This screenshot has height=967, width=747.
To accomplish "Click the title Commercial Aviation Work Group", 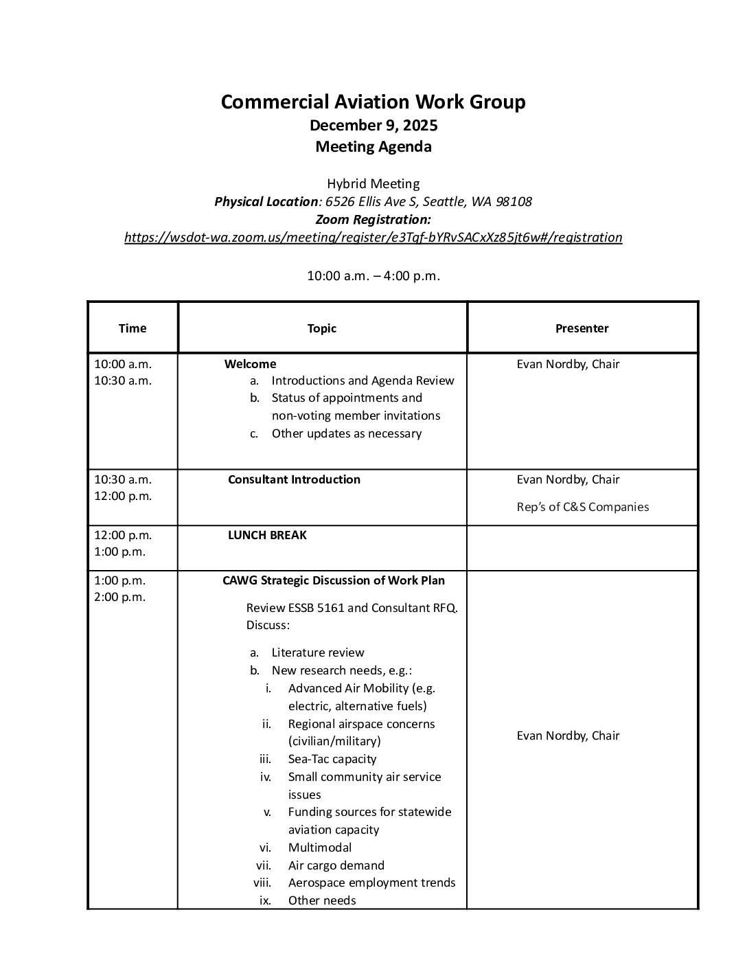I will tap(373, 102).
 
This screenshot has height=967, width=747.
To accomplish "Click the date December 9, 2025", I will tap(373, 126).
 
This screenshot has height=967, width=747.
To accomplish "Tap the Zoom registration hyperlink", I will tap(373, 238).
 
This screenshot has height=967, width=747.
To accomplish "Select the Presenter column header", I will tap(582, 328).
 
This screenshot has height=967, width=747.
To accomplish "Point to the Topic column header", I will tap(321, 328).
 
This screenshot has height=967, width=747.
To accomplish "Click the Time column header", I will tap(132, 328).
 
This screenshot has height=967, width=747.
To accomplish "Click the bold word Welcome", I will tap(250, 364).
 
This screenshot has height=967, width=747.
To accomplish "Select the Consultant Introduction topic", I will tap(294, 479).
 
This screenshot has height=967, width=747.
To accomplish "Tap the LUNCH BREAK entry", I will tap(267, 535).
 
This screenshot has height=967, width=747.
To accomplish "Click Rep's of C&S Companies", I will tap(582, 507).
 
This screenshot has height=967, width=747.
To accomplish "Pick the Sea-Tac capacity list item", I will tap(332, 759).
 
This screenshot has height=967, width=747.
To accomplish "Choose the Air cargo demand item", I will tap(336, 865).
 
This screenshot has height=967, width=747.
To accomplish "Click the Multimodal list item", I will tap(319, 847).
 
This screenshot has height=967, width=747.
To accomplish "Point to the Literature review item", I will tap(317, 652).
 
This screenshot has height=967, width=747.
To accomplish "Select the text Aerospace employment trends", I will tap(371, 883).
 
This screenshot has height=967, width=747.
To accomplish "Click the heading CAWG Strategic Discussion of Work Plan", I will tap(333, 580).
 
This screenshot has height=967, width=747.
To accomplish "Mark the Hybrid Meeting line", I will tap(373, 184).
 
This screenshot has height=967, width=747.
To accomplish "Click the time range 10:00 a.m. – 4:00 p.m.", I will tap(373, 276).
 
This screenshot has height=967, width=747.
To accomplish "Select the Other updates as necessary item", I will tap(346, 433).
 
